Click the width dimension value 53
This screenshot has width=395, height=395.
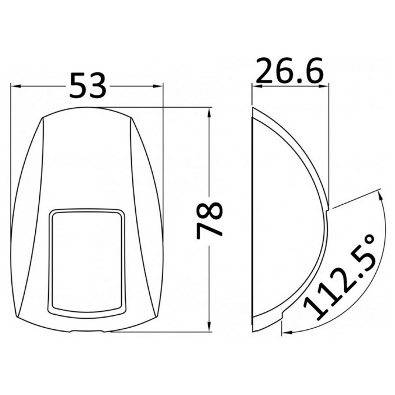(88, 85)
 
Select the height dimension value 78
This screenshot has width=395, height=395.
(209, 220)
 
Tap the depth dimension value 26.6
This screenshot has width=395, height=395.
(289, 71)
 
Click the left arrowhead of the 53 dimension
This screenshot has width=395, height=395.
(15, 86)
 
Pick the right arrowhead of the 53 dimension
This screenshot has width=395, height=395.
(158, 86)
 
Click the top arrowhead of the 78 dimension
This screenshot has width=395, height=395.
(209, 113)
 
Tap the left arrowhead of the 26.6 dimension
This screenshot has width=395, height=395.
(257, 86)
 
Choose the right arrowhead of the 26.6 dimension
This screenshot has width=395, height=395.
(324, 86)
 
